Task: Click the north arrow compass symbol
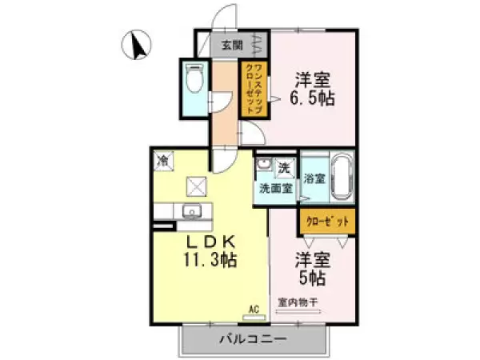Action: click(137, 45)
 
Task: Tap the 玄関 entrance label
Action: click(232, 46)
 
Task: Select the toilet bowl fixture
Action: click(194, 78)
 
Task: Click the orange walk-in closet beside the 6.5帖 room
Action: click(254, 89)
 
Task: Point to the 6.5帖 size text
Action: click(312, 98)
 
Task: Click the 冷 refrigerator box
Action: click(163, 161)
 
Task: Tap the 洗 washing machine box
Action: click(285, 168)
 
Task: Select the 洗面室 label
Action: click(276, 188)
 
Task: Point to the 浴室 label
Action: click(314, 178)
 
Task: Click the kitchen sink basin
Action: click(192, 211)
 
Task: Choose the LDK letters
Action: click(210, 243)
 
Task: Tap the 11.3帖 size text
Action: click(210, 260)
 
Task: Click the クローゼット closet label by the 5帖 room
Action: click(327, 222)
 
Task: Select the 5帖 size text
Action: click(312, 278)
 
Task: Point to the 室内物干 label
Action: click(298, 302)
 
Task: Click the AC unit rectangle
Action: click(254, 318)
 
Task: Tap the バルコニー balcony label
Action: click(253, 339)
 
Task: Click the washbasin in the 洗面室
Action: click(262, 164)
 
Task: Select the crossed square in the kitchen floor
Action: click(197, 186)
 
